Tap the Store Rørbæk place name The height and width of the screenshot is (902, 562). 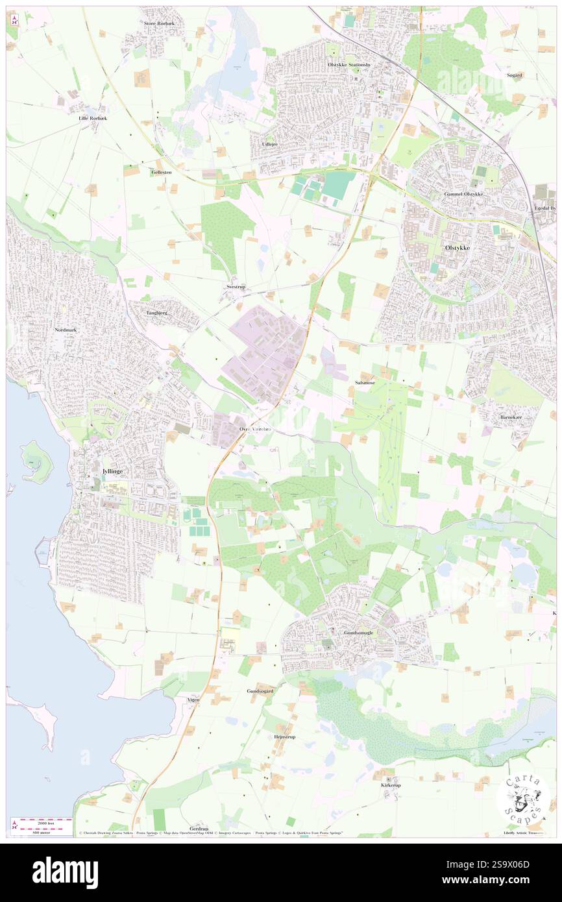pyautogui.click(x=160, y=23)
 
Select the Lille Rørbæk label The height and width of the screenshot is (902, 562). pyautogui.click(x=93, y=118)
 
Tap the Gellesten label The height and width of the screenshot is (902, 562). pyautogui.click(x=162, y=173)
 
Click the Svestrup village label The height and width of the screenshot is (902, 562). pyautogui.click(x=236, y=286)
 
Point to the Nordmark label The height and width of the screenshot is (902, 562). pyautogui.click(x=66, y=330)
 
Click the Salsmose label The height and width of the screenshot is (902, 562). pyautogui.click(x=365, y=383)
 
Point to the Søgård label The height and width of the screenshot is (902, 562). pyautogui.click(x=515, y=75)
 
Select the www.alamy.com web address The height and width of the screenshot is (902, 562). pyautogui.click(x=503, y=880)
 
